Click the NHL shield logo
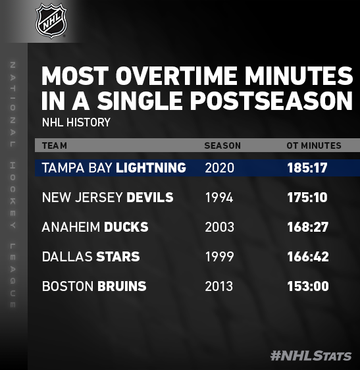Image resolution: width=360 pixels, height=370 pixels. click(51, 20)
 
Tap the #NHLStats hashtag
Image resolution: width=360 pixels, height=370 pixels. click(311, 356)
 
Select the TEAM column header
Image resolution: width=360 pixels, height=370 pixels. click(55, 145)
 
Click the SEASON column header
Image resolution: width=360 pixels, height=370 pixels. click(222, 145)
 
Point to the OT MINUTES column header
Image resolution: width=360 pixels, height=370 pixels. click(314, 145)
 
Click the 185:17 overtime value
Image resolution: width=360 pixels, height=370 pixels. click(307, 168)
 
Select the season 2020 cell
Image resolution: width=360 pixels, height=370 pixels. click(220, 168)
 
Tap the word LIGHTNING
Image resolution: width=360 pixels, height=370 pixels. click(151, 168)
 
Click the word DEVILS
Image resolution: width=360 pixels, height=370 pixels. click(150, 198)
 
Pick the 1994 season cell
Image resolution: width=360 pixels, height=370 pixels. click(219, 198)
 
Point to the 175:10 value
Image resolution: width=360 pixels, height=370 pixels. click(307, 198)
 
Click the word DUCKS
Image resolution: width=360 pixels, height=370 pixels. click(126, 227)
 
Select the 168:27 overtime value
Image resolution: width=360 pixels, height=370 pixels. click(308, 227)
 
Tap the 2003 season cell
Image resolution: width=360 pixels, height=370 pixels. click(220, 227)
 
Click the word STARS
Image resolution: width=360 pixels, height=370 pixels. click(118, 257)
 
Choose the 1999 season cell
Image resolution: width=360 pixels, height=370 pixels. click(220, 257)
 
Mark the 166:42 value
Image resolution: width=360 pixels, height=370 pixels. click(308, 257)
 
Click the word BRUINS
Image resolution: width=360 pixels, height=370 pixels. click(122, 286)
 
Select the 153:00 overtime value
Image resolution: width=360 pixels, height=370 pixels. click(308, 286)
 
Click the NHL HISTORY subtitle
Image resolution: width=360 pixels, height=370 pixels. click(76, 122)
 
